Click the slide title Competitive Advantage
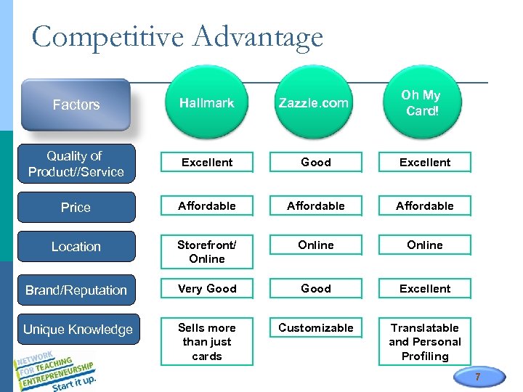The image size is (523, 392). pyautogui.click(x=177, y=37)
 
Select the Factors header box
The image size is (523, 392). pyautogui.click(x=76, y=105)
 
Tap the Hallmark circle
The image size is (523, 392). pyautogui.click(x=207, y=103)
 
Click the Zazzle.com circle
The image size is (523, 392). pyautogui.click(x=314, y=103)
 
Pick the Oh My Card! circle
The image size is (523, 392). pyautogui.click(x=421, y=103)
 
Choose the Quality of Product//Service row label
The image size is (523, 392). pyautogui.click(x=76, y=164)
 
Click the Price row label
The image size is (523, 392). pyautogui.click(x=76, y=208)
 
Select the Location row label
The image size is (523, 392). pyautogui.click(x=76, y=247)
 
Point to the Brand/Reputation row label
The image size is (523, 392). pyautogui.click(x=76, y=290)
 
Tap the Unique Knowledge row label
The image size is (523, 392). pyautogui.click(x=77, y=330)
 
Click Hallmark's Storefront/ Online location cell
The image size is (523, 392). pyautogui.click(x=207, y=252)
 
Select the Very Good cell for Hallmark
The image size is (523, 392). pyautogui.click(x=207, y=289)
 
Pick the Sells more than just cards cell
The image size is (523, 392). pyautogui.click(x=207, y=342)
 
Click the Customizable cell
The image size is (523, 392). pyautogui.click(x=316, y=328)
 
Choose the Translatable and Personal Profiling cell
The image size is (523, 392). pyautogui.click(x=425, y=342)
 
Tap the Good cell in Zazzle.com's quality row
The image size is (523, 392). pyautogui.click(x=316, y=163)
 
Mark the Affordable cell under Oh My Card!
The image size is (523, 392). pyautogui.click(x=425, y=206)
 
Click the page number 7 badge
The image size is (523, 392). pyautogui.click(x=477, y=377)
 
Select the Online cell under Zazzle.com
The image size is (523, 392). pyautogui.click(x=316, y=245)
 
